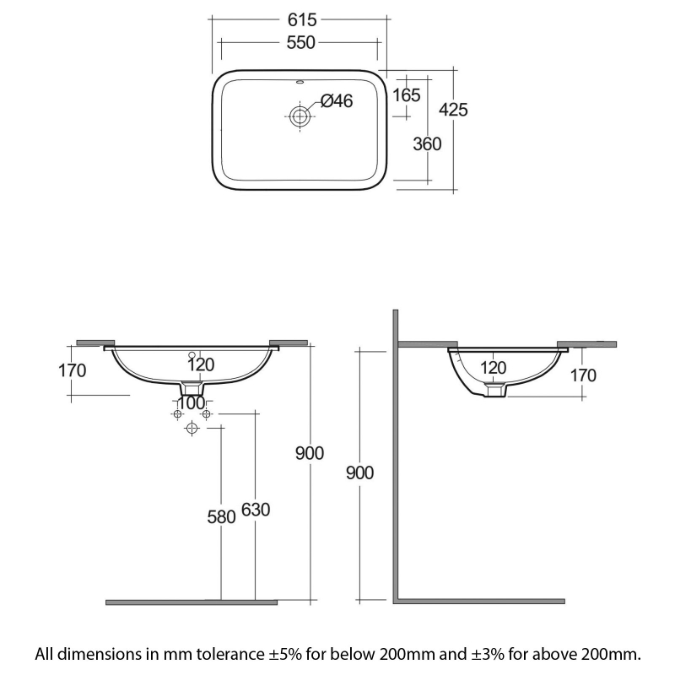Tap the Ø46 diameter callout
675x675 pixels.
point(336,102)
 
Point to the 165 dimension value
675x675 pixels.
point(406,95)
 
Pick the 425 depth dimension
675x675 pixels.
point(453,110)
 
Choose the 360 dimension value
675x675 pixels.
point(428,143)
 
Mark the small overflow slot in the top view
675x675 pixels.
point(300,83)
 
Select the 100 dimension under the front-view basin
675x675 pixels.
point(192,402)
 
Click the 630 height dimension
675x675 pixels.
point(255,510)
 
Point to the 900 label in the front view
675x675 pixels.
point(310,453)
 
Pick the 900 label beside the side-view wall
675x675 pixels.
point(360,472)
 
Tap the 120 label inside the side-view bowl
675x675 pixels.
point(494,367)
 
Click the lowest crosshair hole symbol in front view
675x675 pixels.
point(192,429)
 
